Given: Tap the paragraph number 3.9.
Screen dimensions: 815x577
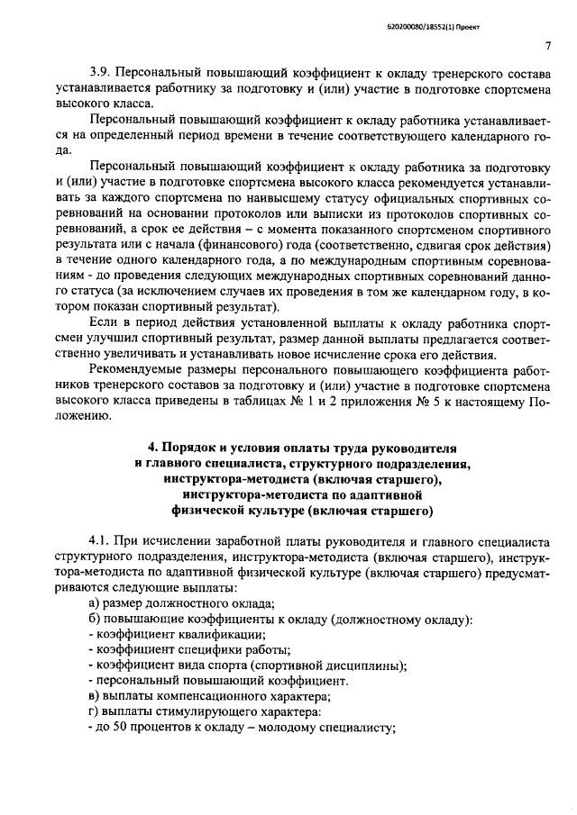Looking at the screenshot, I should (x=100, y=72).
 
